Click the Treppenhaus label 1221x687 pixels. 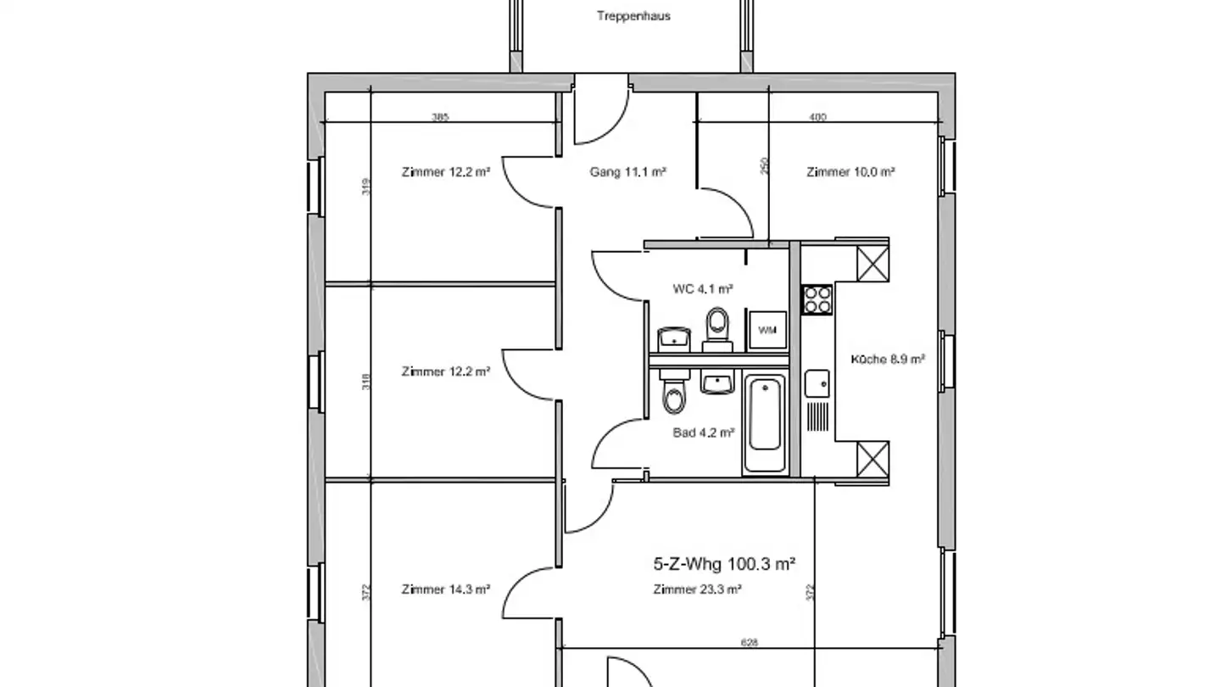point(633,16)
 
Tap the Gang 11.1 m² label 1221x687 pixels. point(627,172)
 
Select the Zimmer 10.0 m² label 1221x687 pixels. point(850,172)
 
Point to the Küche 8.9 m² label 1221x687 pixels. point(888,359)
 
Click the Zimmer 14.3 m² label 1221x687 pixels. point(446,589)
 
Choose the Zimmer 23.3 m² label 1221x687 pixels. point(698,589)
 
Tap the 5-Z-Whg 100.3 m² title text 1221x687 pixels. point(724,563)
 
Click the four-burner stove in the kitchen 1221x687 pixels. point(817,299)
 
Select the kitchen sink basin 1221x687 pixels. point(817,383)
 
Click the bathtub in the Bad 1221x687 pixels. point(765,426)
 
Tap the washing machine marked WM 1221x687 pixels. point(767,329)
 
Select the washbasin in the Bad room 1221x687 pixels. point(718,383)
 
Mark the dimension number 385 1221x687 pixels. point(440,117)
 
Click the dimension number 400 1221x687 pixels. point(817,117)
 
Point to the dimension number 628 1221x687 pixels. point(750,643)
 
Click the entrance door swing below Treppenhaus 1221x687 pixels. point(600,114)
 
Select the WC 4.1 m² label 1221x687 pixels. point(703,289)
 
